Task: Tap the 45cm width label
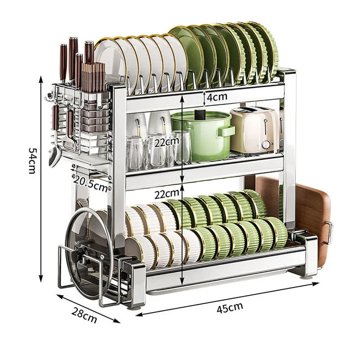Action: click(x=229, y=307)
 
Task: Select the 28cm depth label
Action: click(x=84, y=315)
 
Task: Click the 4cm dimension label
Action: click(x=217, y=97)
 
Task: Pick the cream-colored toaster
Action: click(x=255, y=131)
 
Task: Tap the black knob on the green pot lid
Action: click(x=200, y=114)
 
